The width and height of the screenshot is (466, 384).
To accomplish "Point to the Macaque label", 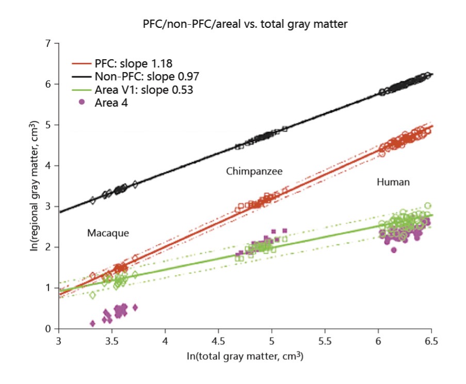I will [107, 233].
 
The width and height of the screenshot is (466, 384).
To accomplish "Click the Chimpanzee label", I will [254, 171].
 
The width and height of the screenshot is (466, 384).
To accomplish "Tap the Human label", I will [393, 182].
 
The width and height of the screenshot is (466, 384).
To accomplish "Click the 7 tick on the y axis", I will [49, 43].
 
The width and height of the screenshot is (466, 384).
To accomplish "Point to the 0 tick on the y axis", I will [49, 329].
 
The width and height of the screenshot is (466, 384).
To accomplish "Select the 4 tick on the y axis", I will [49, 166].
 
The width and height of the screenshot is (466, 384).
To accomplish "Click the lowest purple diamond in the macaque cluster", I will [92, 323].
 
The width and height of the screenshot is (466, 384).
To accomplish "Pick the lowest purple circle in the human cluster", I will [394, 250].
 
